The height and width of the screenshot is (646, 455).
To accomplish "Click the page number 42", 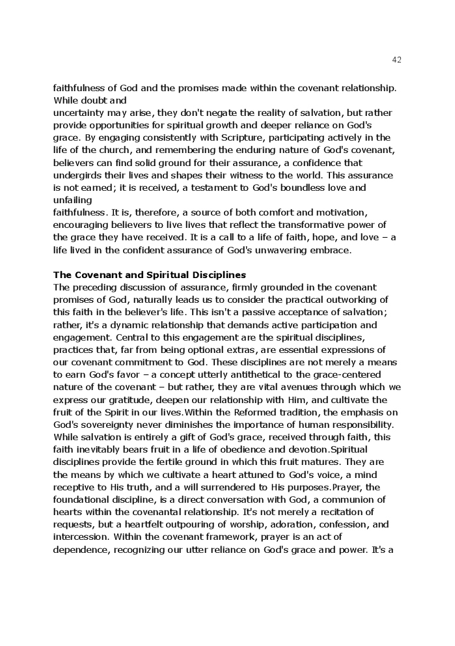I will (x=397, y=60).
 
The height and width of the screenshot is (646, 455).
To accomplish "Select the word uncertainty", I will (x=79, y=113).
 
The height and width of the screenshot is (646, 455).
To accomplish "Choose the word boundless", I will (x=301, y=188).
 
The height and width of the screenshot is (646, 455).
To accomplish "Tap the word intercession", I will (x=81, y=537).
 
